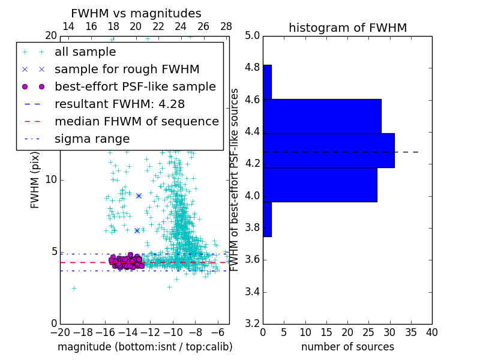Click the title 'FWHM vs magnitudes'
pyautogui.click(x=136, y=14)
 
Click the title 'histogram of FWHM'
pyautogui.click(x=347, y=28)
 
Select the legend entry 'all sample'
pyautogui.click(x=85, y=52)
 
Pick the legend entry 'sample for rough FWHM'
pyautogui.click(x=127, y=70)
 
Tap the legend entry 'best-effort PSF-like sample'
pyautogui.click(x=135, y=87)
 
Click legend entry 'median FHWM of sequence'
pyautogui.click(x=136, y=122)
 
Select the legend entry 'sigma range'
pyautogui.click(x=92, y=139)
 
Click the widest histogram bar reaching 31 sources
pyautogui.click(x=328, y=151)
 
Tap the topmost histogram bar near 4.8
pyautogui.click(x=267, y=82)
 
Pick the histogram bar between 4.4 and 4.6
pyautogui.click(x=322, y=116)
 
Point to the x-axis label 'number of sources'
pyautogui.click(x=347, y=347)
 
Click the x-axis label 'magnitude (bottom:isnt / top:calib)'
pyautogui.click(x=145, y=347)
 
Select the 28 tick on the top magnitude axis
pyautogui.click(x=226, y=26)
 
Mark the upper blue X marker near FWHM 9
pyautogui.click(x=139, y=196)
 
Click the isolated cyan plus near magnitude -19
pyautogui.click(x=74, y=288)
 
